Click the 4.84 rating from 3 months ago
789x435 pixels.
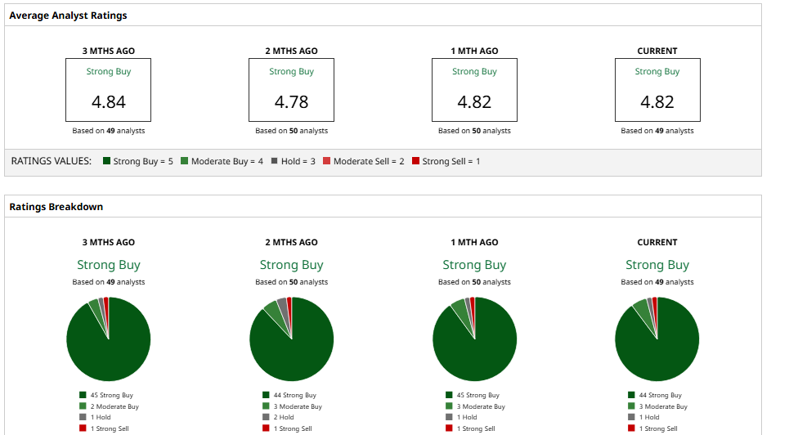tap(108, 102)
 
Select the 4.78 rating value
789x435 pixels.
tap(291, 102)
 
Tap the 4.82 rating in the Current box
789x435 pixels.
tap(657, 102)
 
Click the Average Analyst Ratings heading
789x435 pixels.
tap(68, 16)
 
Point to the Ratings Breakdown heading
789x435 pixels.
tap(56, 207)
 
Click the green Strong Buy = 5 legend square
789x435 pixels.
tap(107, 161)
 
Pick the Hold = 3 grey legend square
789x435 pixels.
tap(275, 161)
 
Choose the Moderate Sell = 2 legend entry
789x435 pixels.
tap(364, 161)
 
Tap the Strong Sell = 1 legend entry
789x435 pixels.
tap(446, 161)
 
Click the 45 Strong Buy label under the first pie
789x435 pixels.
tap(111, 396)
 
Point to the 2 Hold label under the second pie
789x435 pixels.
tap(283, 417)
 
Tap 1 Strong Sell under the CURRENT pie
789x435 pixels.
tap(658, 428)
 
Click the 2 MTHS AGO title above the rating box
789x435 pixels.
tap(291, 51)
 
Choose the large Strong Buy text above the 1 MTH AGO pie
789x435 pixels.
tap(474, 265)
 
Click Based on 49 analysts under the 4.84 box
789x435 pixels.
tap(109, 131)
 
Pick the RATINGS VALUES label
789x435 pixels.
tap(51, 161)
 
